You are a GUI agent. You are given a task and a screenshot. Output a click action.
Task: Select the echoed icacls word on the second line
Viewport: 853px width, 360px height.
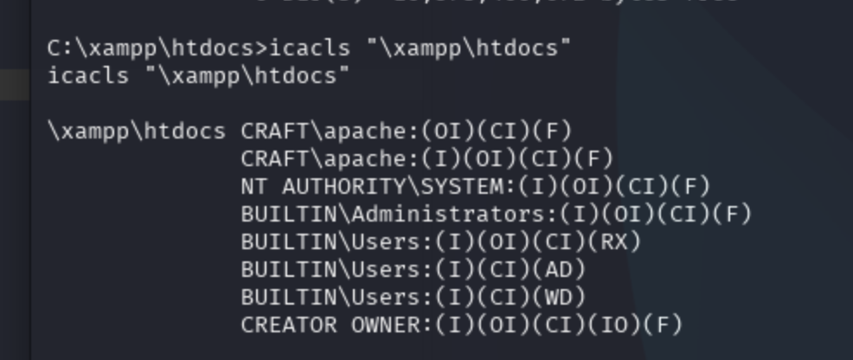[x=89, y=76]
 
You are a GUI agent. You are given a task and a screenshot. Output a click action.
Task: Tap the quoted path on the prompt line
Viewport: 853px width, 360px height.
[x=468, y=48]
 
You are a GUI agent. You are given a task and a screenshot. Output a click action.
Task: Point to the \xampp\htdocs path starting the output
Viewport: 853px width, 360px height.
[x=137, y=132]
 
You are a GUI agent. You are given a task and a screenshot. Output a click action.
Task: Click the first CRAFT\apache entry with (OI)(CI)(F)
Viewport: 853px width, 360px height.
[x=407, y=132]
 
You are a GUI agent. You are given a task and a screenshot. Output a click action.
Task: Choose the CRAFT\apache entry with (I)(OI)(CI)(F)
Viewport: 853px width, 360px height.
[x=426, y=159]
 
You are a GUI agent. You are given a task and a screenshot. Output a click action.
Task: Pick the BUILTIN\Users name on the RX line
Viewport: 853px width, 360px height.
[x=330, y=242]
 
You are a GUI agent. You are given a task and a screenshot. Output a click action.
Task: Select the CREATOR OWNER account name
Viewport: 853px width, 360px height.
[x=330, y=325]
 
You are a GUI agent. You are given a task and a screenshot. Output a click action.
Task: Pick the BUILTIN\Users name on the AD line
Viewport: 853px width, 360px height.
[x=330, y=270]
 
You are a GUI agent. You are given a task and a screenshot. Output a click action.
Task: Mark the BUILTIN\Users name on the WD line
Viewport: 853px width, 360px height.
[x=330, y=298]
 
